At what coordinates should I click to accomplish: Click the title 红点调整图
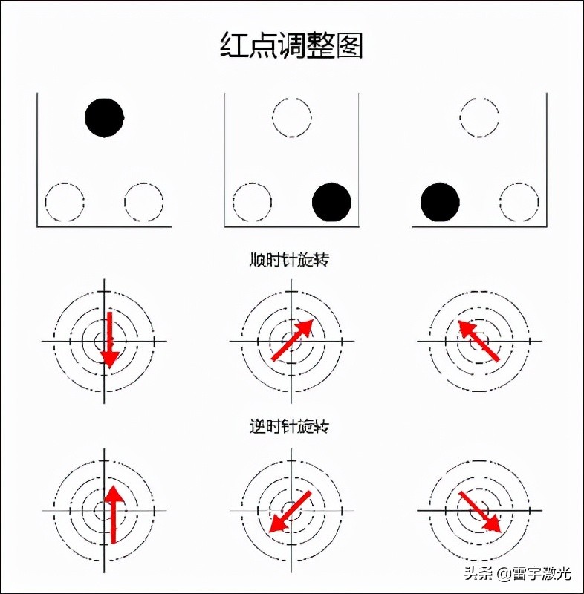(x=291, y=45)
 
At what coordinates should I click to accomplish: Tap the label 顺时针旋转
(x=290, y=260)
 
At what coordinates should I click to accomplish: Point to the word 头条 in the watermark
(x=478, y=573)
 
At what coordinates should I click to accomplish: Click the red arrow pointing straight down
(x=109, y=340)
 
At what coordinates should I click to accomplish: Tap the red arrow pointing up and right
(x=292, y=340)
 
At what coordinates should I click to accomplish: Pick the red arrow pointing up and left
(x=478, y=340)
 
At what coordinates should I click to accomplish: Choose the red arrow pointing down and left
(x=289, y=512)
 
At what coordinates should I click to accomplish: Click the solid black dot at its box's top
(x=105, y=117)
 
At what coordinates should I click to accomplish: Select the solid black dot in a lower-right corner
(x=331, y=202)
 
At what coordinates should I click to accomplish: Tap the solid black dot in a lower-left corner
(x=440, y=202)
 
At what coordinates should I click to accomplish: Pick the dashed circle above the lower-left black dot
(x=479, y=117)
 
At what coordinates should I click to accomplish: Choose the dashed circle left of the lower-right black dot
(x=252, y=202)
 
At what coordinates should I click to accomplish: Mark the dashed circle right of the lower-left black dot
(x=519, y=202)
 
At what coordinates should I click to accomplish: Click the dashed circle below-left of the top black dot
(x=65, y=202)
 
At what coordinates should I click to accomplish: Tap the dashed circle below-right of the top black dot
(x=144, y=202)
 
